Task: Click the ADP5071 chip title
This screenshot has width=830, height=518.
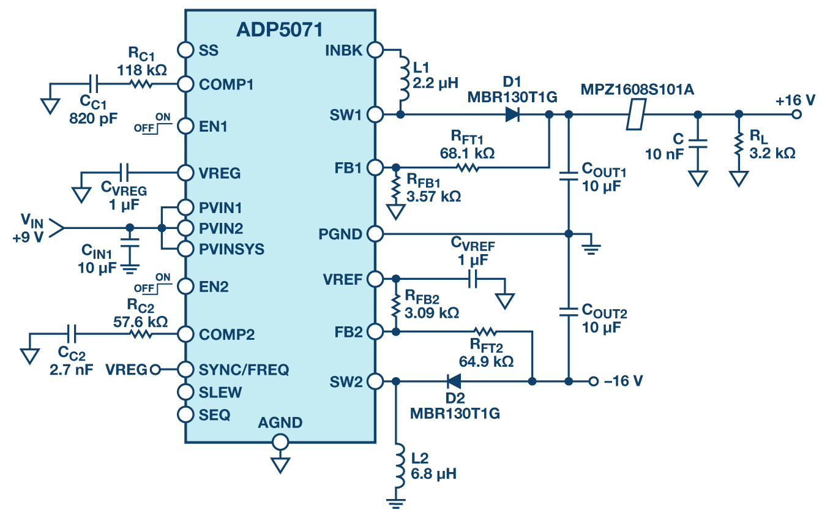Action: [x=280, y=29]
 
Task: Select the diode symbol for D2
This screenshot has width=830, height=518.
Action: [x=454, y=381]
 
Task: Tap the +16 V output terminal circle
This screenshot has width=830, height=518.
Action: [x=796, y=114]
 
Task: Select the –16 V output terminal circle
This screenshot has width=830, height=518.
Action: [x=593, y=381]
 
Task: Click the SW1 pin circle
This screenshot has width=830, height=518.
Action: [x=375, y=114]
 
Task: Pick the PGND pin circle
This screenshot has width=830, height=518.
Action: [x=375, y=233]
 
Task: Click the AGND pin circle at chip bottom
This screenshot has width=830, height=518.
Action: [x=280, y=441]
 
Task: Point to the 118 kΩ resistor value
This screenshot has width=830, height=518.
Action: [x=142, y=69]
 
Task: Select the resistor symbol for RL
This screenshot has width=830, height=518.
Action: [x=739, y=145]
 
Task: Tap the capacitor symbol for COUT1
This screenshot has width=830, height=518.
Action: [x=569, y=176]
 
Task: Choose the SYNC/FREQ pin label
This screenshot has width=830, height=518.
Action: [x=244, y=370]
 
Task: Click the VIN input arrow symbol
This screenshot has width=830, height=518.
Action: [x=57, y=228]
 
